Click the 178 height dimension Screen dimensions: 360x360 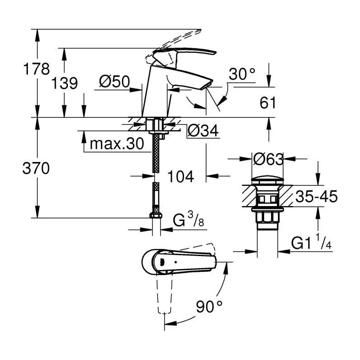pos(36,69)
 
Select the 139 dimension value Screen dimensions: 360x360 pos(64,83)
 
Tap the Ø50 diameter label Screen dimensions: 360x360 pos(115,81)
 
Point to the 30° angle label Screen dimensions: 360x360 pos(242,74)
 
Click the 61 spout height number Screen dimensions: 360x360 pos(268,103)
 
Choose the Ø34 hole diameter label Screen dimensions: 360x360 pos(203,131)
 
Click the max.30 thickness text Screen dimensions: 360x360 pos(117,144)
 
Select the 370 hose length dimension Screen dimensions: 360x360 pos(36,168)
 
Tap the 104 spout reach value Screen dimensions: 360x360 pos(181,176)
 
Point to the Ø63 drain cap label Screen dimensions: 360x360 pos(268,159)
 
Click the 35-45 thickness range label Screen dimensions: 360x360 pos(316,196)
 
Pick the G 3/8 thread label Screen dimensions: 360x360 pos(188,220)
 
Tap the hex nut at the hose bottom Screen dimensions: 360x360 pos(156,216)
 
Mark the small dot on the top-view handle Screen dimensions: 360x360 pos(175,262)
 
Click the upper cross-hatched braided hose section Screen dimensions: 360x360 pos(156,153)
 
